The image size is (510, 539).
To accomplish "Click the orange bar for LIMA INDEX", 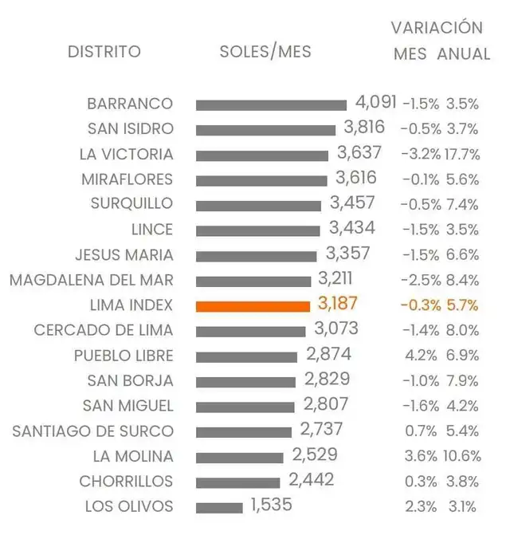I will click(x=252, y=306).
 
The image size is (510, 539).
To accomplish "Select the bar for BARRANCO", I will click(x=271, y=104).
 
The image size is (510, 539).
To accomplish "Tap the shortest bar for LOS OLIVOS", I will click(x=219, y=507).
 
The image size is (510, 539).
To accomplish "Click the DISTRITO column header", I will click(x=104, y=52).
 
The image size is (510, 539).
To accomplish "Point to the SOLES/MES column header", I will click(x=265, y=52).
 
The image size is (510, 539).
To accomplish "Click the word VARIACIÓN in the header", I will click(x=437, y=28).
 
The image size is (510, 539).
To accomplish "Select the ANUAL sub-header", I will click(x=464, y=54).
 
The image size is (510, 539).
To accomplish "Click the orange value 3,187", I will click(x=337, y=304).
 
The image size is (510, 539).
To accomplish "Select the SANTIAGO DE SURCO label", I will click(x=92, y=431).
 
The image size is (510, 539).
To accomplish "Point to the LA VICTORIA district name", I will click(x=126, y=154).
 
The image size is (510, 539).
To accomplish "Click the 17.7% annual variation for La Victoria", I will click(x=462, y=154).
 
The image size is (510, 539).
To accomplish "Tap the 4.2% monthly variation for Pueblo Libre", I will click(x=422, y=356).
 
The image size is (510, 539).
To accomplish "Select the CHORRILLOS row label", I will click(x=126, y=482).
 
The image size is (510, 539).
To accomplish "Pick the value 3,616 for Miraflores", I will click(x=355, y=178).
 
